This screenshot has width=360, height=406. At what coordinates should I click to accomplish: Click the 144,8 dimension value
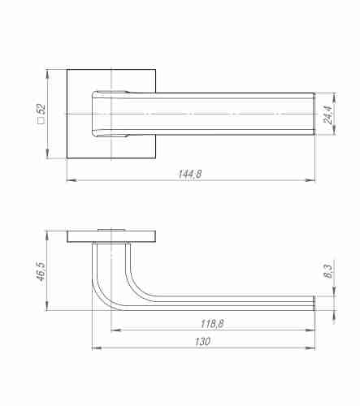pyautogui.click(x=190, y=174)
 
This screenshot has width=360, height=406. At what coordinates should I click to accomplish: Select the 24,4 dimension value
pyautogui.click(x=327, y=114)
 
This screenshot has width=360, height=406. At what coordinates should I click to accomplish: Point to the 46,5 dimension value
pyautogui.click(x=42, y=271)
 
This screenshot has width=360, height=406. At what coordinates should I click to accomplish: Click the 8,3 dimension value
pyautogui.click(x=327, y=271)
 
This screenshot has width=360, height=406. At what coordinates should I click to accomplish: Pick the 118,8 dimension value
pyautogui.click(x=212, y=324)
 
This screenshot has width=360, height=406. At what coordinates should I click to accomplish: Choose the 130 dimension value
pyautogui.click(x=202, y=342)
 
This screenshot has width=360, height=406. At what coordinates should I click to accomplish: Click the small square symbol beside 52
pyautogui.click(x=41, y=121)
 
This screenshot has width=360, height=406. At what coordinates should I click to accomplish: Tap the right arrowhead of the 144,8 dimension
pyautogui.click(x=310, y=180)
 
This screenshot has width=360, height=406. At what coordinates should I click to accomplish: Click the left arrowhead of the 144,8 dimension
pyautogui.click(x=72, y=180)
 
